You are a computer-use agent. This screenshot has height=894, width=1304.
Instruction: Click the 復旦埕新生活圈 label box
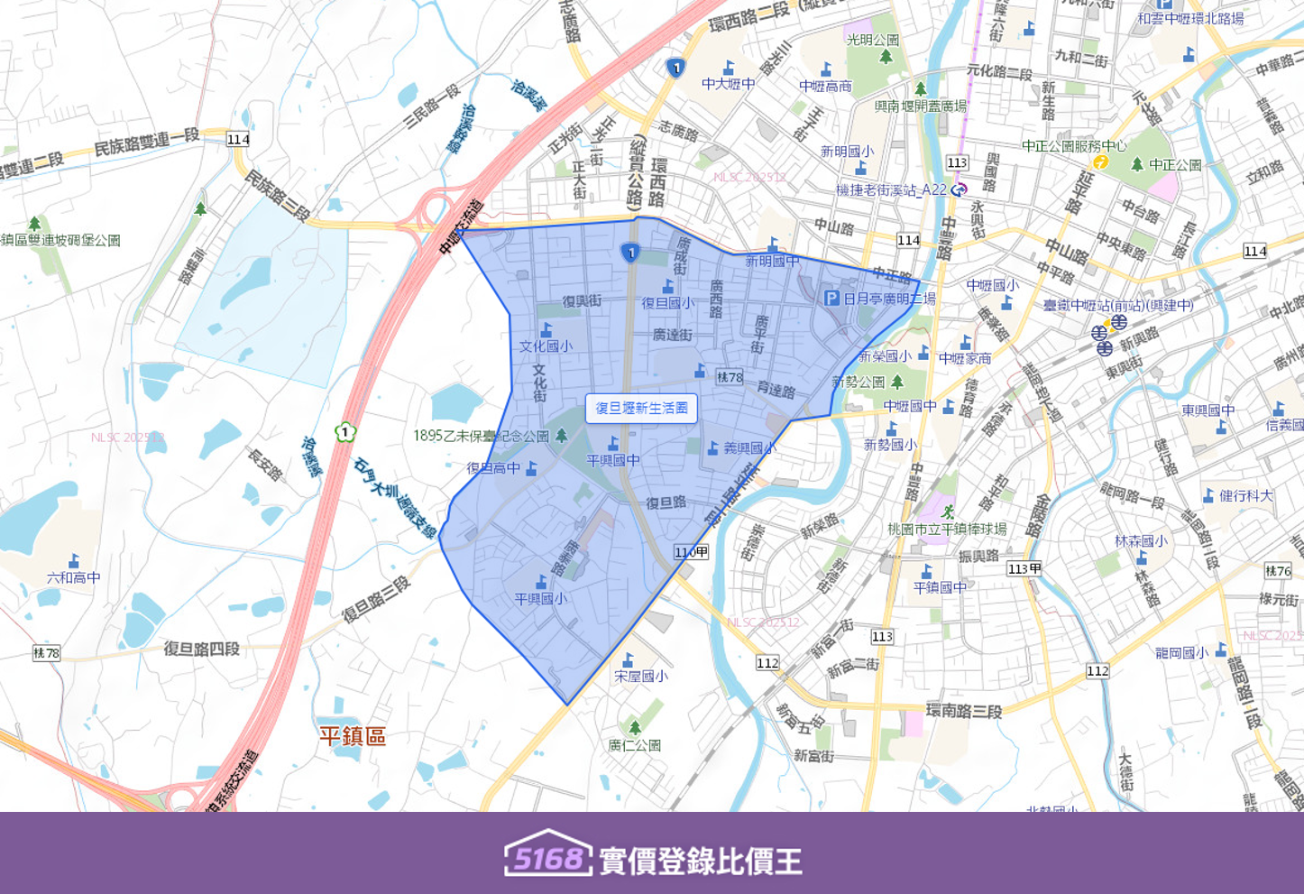pyautogui.click(x=641, y=409)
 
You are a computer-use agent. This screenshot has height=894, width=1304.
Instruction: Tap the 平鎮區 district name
pyautogui.click(x=353, y=735)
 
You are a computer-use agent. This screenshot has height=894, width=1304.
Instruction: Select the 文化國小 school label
pyautogui.click(x=546, y=346)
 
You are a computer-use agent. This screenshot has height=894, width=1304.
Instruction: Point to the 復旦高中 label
pyautogui.click(x=493, y=468)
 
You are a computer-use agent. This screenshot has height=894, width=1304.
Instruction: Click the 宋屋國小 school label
pyautogui.click(x=640, y=676)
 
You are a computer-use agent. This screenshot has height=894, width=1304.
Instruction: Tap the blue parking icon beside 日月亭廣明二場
pyautogui.click(x=831, y=298)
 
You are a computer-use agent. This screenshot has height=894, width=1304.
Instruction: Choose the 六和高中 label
pyautogui.click(x=74, y=577)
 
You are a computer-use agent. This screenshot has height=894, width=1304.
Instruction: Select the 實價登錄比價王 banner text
pyautogui.click(x=701, y=861)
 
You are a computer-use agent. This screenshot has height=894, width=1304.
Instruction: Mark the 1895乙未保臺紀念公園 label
pyautogui.click(x=481, y=436)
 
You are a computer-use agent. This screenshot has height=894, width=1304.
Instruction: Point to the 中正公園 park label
pyautogui.click(x=1175, y=165)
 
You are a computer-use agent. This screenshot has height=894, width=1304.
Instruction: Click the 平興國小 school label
pyautogui.click(x=540, y=598)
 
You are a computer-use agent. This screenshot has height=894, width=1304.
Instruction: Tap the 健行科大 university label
pyautogui.click(x=1246, y=495)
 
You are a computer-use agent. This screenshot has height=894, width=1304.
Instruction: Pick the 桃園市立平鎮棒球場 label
pyautogui.click(x=946, y=529)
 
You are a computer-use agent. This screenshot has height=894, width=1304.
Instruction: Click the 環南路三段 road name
pyautogui.click(x=964, y=710)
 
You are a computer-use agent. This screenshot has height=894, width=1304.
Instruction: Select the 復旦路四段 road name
pyautogui.click(x=202, y=649)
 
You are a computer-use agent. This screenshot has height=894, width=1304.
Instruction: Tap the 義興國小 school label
pyautogui.click(x=749, y=447)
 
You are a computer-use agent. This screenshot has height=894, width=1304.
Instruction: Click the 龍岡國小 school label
pyautogui.click(x=1180, y=652)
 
